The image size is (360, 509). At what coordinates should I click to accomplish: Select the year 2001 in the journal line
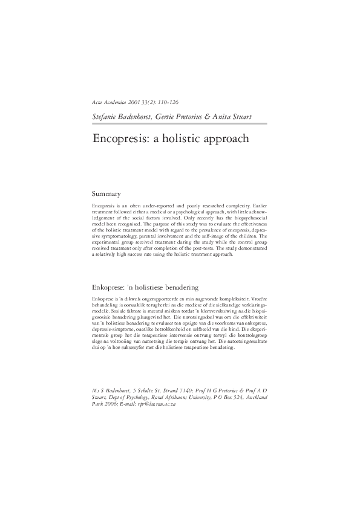[130, 103]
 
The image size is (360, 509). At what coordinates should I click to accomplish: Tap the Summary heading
[106, 194]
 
